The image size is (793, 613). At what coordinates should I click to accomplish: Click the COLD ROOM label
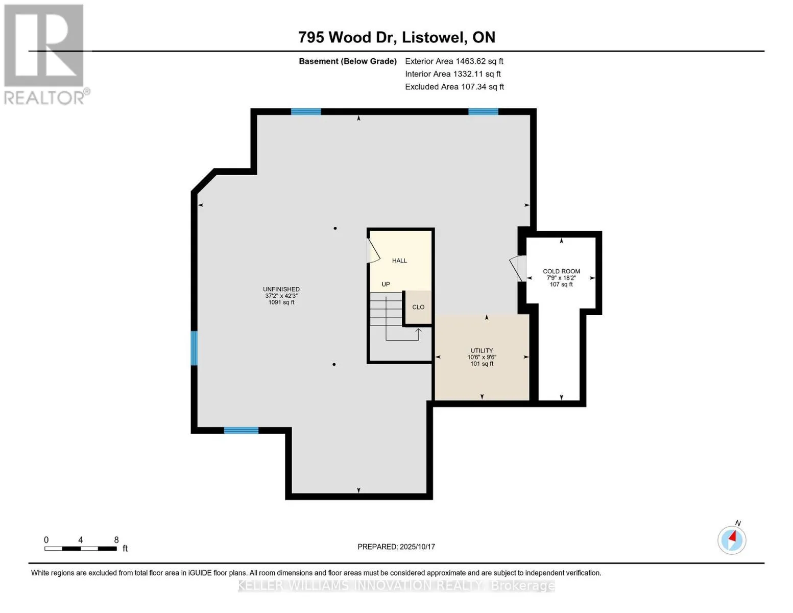tap(561, 271)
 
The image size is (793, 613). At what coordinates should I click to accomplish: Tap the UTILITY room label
tap(482, 350)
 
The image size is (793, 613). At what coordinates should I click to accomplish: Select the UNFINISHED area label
tap(281, 289)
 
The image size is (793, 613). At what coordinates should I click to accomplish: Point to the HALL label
tap(399, 261)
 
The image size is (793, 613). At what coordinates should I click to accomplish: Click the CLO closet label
tap(418, 307)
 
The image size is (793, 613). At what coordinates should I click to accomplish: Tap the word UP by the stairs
tap(386, 285)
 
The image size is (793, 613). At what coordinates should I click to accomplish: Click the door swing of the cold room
tap(517, 268)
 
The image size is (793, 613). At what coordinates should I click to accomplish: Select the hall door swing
tap(373, 251)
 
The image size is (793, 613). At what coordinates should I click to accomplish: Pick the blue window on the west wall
tap(194, 348)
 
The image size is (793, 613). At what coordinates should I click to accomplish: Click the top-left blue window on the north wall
tap(306, 112)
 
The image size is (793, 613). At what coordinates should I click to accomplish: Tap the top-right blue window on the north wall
tap(483, 112)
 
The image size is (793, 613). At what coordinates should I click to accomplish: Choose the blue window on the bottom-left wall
tap(241, 431)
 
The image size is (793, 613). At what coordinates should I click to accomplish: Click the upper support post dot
tap(335, 228)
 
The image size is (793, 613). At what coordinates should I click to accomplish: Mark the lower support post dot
tap(334, 364)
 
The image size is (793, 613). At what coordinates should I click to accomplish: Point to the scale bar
tap(81, 549)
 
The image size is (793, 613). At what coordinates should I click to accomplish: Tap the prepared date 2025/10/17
tap(417, 547)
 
